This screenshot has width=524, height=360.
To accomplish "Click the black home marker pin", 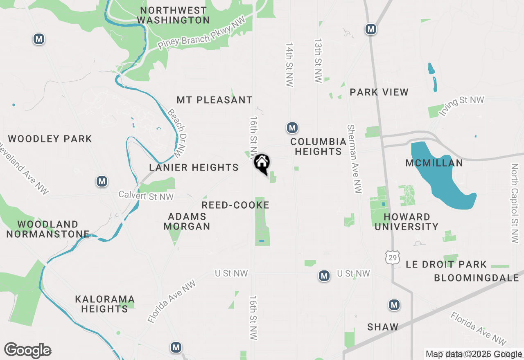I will [x=262, y=164].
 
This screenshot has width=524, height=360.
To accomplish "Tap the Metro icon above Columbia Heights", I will [x=292, y=128].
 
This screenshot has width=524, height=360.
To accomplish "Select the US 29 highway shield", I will [x=392, y=257].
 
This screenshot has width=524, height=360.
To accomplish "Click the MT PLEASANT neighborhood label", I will [x=215, y=100].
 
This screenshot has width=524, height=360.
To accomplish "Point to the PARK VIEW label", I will [x=379, y=92].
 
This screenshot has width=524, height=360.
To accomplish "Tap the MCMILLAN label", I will [x=434, y=163].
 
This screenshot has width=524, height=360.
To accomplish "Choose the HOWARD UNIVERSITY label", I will [x=407, y=222].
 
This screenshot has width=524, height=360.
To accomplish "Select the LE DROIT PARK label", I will [x=446, y=264].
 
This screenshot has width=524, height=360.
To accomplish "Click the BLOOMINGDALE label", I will [x=477, y=278].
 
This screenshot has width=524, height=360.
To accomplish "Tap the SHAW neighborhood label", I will [x=383, y=327].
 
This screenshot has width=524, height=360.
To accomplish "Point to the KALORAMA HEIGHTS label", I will [x=105, y=304].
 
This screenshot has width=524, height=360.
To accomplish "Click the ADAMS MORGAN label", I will [x=187, y=221].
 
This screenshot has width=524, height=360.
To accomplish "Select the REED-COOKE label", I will [x=235, y=205].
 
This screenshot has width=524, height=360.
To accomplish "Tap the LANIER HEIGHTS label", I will [x=194, y=167].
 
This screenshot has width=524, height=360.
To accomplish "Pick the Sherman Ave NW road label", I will [x=355, y=159].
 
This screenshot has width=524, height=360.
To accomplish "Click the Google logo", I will [x=28, y=351].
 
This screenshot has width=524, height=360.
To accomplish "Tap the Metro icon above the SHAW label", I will [x=394, y=305].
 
